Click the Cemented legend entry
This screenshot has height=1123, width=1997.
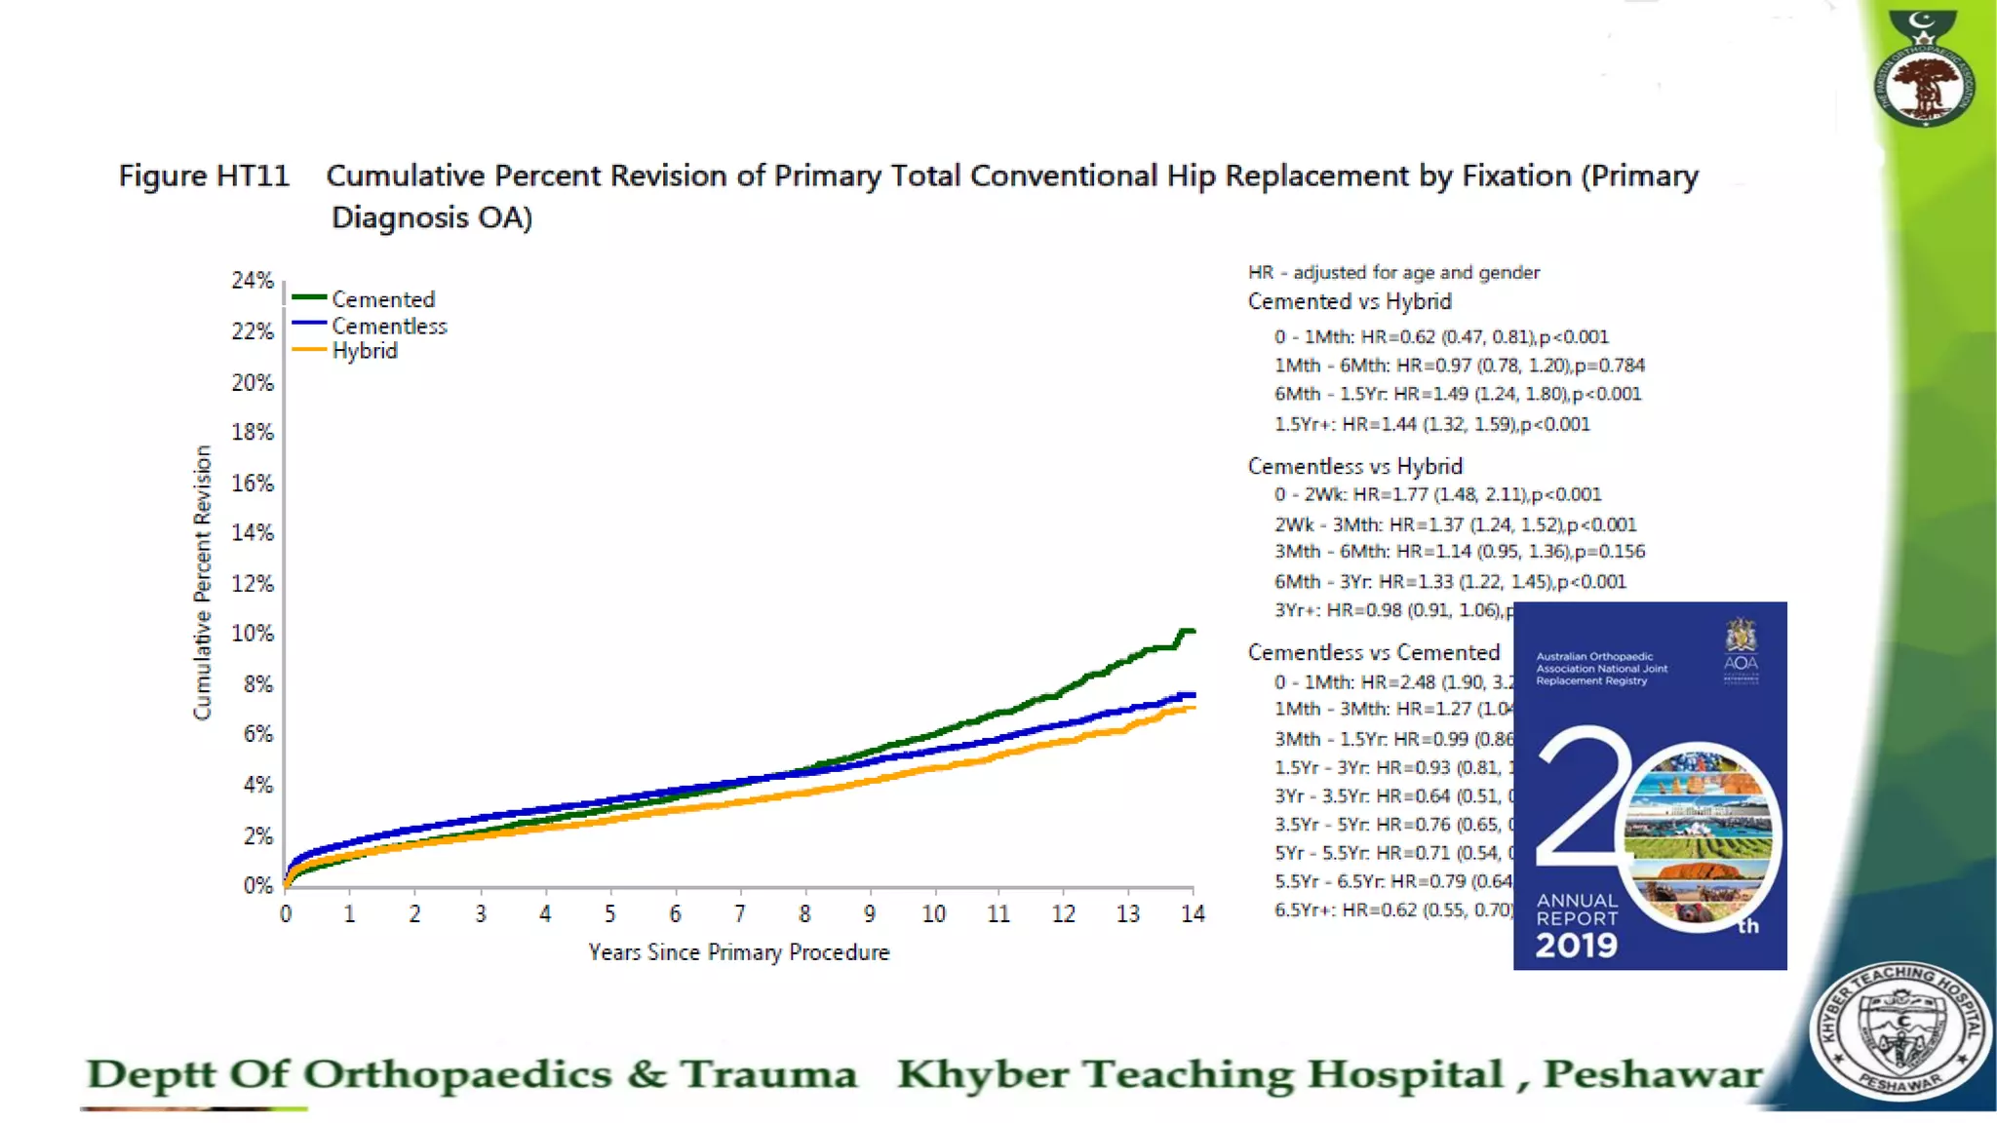[382, 299]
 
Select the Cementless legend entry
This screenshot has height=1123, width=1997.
[388, 326]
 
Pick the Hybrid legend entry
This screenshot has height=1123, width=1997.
[364, 351]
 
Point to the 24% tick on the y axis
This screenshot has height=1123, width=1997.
[253, 281]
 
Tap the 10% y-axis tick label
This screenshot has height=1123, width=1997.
[253, 634]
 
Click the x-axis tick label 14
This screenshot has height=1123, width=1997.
[1193, 914]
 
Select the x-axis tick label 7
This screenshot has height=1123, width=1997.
[740, 914]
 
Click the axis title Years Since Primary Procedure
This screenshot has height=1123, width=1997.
[738, 952]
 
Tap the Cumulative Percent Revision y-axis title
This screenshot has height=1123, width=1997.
[202, 583]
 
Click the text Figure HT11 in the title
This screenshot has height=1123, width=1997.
[204, 175]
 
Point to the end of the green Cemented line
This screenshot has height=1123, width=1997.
[1192, 632]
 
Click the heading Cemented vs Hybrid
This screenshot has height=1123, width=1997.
[1350, 302]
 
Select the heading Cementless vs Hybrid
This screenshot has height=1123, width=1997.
[1354, 466]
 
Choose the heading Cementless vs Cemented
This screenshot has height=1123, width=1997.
[1373, 652]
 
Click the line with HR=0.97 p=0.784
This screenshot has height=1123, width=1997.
[1459, 366]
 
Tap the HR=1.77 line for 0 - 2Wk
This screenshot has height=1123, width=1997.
[1437, 494]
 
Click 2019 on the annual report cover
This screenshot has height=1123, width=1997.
[1576, 945]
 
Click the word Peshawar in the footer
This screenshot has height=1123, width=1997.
[1652, 1074]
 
